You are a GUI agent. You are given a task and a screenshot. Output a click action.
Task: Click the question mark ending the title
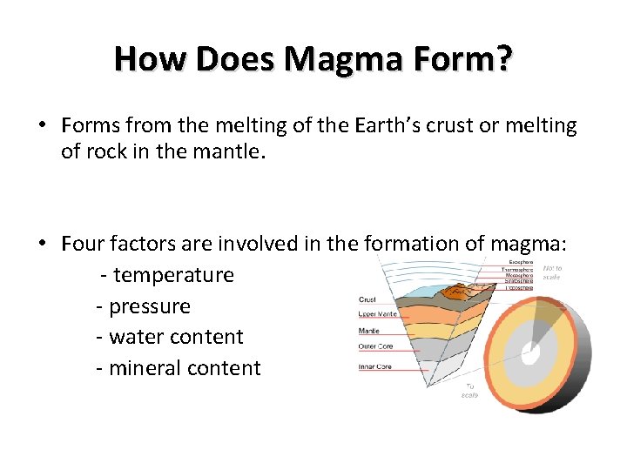504,59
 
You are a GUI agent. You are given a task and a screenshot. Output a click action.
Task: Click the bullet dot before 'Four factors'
41,245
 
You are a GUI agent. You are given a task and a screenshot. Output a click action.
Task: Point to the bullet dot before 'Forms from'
41,126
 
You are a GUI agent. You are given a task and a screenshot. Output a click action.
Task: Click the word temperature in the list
173,275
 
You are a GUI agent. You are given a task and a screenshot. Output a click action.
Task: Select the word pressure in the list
149,306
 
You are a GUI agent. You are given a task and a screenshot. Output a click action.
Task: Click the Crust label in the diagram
367,300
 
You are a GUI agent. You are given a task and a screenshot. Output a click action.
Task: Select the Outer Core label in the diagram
375,346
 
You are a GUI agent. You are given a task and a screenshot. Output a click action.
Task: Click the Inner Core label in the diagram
375,366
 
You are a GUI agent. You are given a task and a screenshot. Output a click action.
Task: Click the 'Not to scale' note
552,272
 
